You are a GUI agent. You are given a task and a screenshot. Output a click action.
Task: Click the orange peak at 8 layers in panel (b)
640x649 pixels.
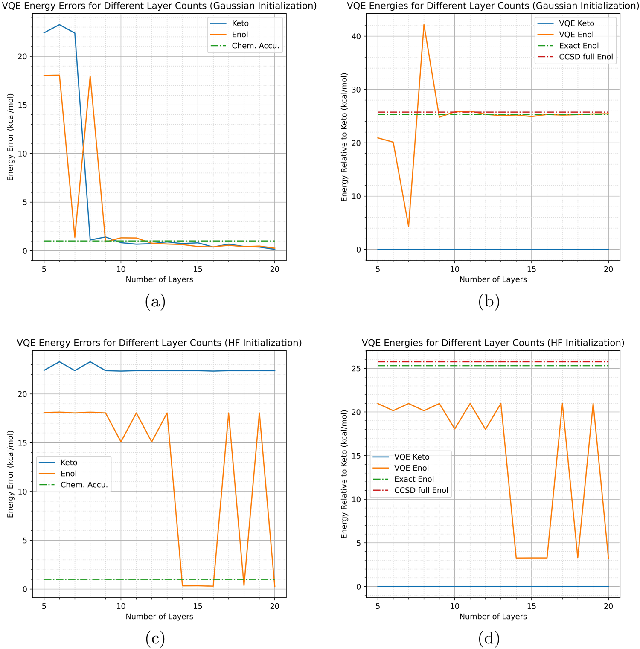pyautogui.click(x=424, y=25)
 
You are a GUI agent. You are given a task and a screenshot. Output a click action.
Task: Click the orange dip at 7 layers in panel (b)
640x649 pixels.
pyautogui.click(x=408, y=226)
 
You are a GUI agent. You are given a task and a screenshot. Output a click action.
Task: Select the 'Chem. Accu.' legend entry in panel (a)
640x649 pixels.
pyautogui.click(x=255, y=46)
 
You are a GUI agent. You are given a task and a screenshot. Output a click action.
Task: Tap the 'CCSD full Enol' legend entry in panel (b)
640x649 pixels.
pyautogui.click(x=586, y=57)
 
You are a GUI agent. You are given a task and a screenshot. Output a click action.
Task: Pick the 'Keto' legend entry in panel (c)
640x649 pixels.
pyautogui.click(x=69, y=463)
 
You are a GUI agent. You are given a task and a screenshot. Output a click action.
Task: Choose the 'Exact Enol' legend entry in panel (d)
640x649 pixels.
pyautogui.click(x=414, y=479)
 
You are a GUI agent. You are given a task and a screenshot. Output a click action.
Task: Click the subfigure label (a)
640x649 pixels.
pyautogui.click(x=155, y=302)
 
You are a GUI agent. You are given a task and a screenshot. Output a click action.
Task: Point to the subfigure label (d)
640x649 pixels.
pyautogui.click(x=489, y=638)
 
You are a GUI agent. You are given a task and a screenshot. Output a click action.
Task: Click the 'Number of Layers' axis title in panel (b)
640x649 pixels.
pyautogui.click(x=493, y=279)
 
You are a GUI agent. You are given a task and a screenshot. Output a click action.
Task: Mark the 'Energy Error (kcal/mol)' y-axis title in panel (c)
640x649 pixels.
pyautogui.click(x=11, y=474)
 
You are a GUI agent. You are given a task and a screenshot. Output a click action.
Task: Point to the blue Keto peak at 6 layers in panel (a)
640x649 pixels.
pyautogui.click(x=59, y=25)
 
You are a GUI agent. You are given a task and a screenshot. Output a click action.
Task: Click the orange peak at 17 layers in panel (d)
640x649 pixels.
pyautogui.click(x=562, y=403)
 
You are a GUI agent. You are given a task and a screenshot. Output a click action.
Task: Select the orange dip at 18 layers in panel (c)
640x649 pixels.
pyautogui.click(x=244, y=585)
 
